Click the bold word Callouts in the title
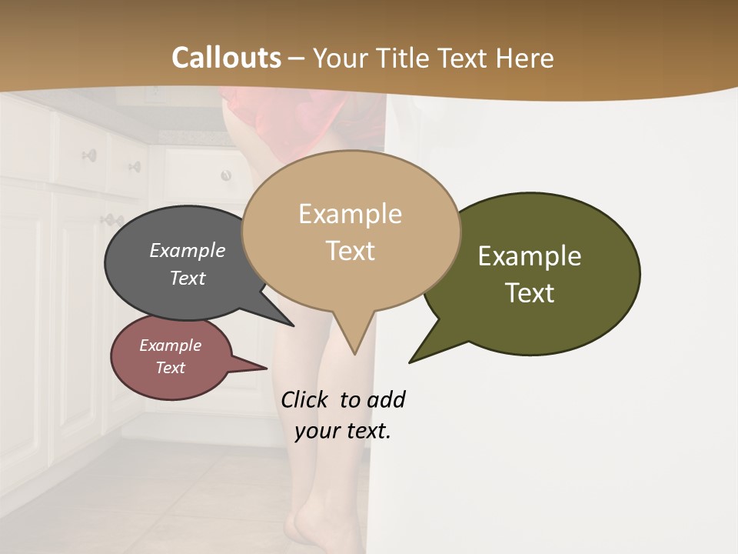point(226,58)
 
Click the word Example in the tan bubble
point(350,214)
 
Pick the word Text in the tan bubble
point(350,251)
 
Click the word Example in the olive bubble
point(530,256)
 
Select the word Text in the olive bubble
point(530,293)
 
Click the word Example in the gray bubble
point(188,251)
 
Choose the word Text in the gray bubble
point(188,279)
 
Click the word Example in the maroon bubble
point(170,345)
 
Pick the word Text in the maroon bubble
point(170,368)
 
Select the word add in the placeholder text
point(387,399)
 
